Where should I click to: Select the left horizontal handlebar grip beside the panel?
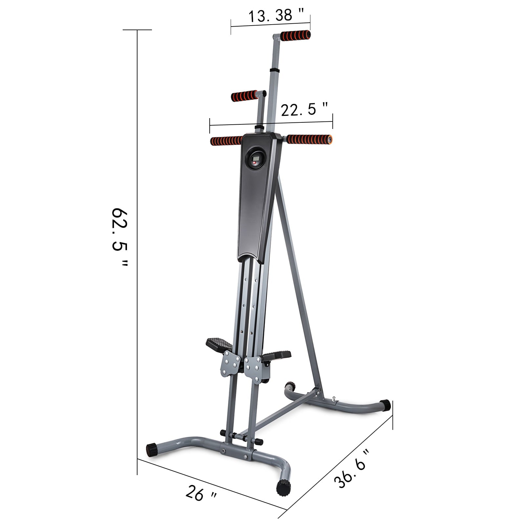click(226, 141)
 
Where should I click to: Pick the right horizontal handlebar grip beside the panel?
click(309, 139)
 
